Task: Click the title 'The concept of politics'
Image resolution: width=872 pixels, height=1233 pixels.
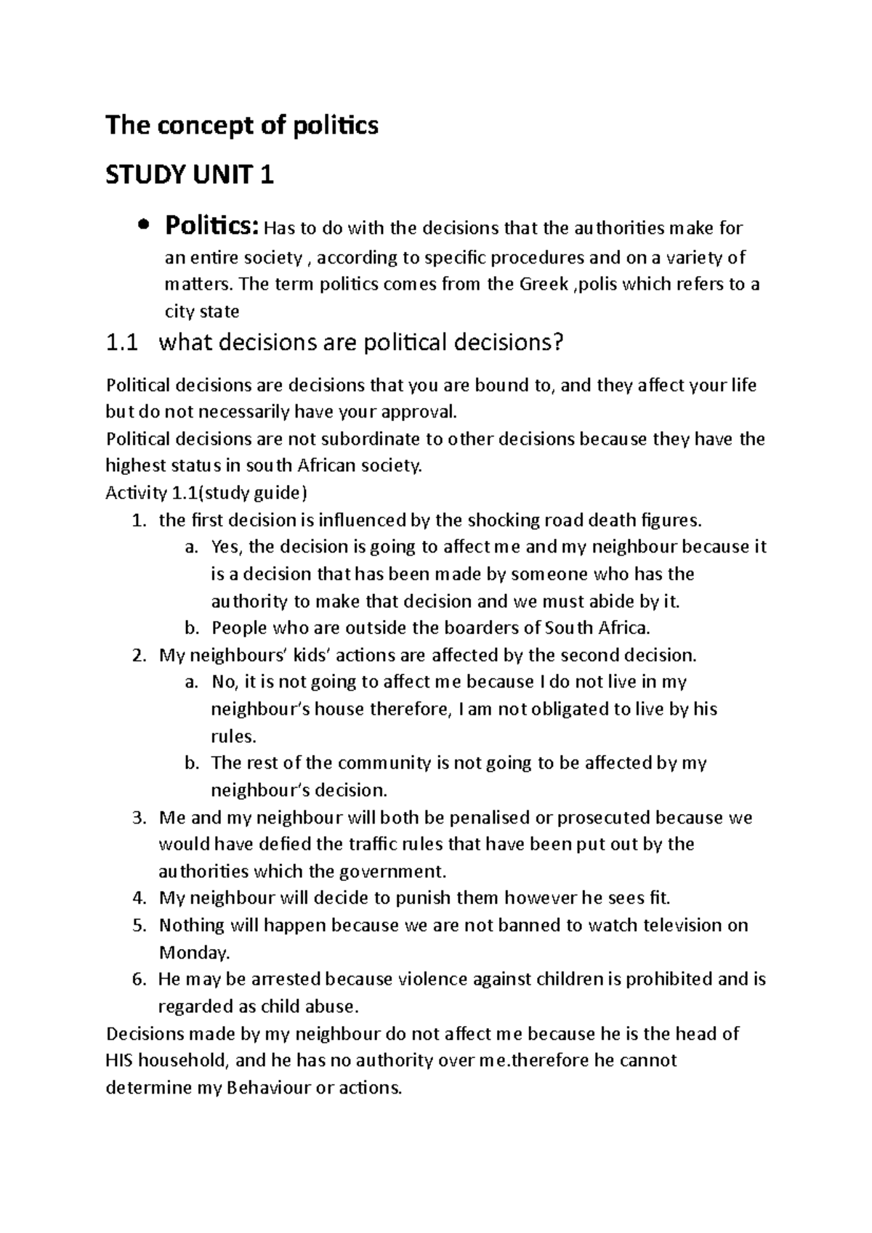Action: point(242,126)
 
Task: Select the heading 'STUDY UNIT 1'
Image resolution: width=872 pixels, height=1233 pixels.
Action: point(190,175)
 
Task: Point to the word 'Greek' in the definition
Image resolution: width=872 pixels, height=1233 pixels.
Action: point(543,284)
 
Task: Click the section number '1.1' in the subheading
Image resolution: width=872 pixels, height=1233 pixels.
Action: point(121,343)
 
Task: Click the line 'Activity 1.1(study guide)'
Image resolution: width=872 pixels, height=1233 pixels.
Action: point(206,493)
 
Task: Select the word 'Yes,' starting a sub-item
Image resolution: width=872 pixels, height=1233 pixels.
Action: point(228,547)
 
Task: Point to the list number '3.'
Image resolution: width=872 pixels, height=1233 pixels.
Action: point(140,818)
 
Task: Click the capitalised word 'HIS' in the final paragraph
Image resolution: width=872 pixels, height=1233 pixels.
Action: point(119,1061)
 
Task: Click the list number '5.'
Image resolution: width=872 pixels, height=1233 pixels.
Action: point(140,925)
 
